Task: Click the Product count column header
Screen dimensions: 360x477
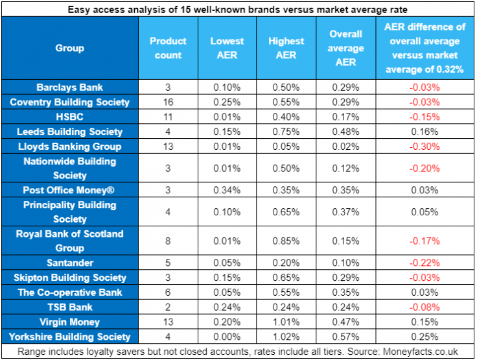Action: coord(168,48)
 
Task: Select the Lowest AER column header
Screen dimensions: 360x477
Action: coord(227,48)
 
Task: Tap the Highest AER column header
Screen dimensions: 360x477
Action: coord(286,48)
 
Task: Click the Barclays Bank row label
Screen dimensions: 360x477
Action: coord(69,88)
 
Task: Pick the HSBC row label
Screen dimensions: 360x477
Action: coord(69,117)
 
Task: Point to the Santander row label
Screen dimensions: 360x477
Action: coord(69,263)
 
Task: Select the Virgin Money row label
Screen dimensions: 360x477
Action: coord(69,322)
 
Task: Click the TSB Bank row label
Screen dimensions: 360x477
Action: coord(69,307)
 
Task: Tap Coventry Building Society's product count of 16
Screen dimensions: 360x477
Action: coord(168,102)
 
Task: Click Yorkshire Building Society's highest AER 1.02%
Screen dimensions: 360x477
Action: coord(286,337)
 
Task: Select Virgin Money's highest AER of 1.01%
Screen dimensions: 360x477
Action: coord(286,322)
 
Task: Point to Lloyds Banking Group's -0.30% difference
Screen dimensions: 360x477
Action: coord(425,147)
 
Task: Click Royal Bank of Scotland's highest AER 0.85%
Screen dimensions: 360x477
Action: coord(286,241)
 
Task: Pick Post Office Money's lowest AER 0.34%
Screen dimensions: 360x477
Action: coord(227,190)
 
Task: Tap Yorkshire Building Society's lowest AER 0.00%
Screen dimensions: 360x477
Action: coord(227,337)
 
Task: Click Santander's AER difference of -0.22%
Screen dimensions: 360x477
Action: coord(425,263)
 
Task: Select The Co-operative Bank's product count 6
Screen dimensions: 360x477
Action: coord(168,293)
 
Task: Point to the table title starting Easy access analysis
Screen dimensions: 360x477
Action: coord(238,8)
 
